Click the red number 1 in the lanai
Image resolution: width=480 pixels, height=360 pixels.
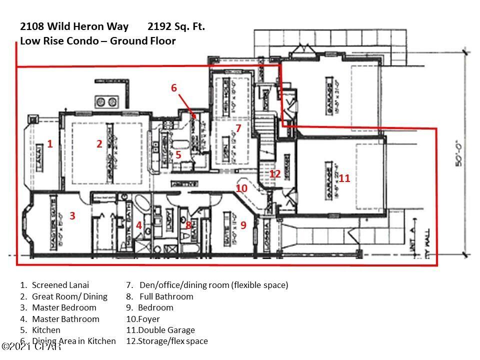pos(50,144)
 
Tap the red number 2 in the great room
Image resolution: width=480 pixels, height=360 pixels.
pos(99,144)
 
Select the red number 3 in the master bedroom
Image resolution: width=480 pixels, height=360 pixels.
pos(72,216)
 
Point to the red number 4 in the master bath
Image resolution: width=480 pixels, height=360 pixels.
pos(139,225)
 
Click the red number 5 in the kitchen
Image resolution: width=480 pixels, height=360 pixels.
pos(178,155)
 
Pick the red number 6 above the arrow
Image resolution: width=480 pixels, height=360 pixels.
pos(174,88)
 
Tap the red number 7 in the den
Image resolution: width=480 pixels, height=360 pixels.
pos(238,128)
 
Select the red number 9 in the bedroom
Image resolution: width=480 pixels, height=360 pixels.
pos(243,225)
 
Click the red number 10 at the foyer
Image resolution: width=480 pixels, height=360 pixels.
pos(241,188)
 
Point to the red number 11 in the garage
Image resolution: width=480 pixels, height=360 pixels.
pos(344,178)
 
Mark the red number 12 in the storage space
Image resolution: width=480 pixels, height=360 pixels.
pos(275,174)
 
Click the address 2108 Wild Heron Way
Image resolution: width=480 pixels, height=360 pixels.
pos(74,26)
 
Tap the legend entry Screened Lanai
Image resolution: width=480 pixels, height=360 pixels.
pos(60,285)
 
